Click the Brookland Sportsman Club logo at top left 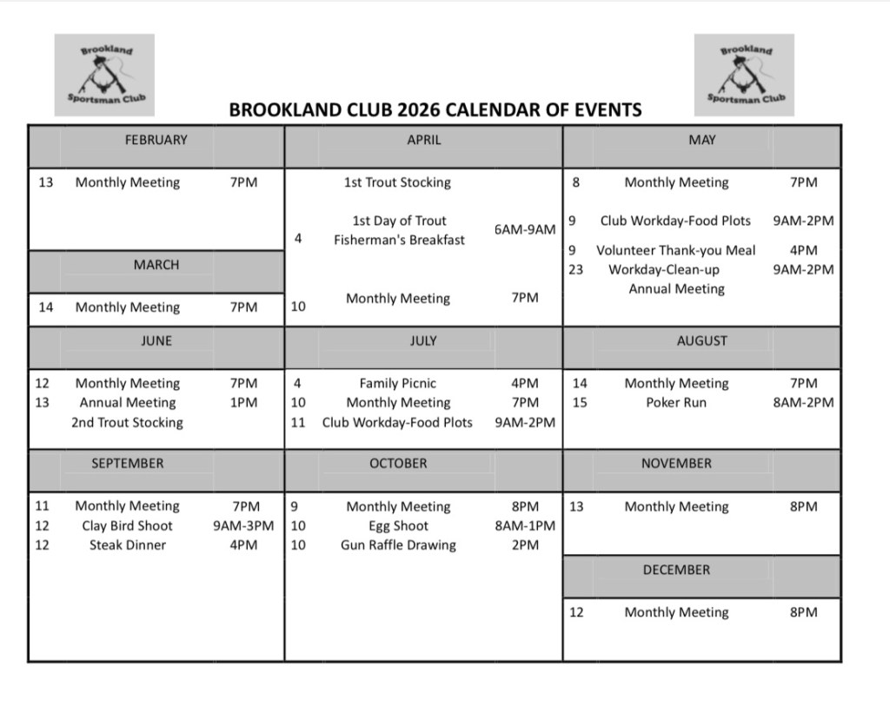pos(104,75)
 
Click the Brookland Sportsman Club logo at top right pos(744,75)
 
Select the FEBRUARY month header pos(156,139)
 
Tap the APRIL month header pos(423,139)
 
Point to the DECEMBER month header pos(676,570)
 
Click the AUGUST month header pos(701,341)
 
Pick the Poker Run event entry pos(676,403)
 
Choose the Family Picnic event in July pos(398,383)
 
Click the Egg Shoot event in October pos(398,525)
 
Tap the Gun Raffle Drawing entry pos(398,545)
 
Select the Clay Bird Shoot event pos(127,525)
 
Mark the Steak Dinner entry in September pos(127,545)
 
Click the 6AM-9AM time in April pos(525,229)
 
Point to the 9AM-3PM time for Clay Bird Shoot pos(243,525)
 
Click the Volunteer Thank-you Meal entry pos(676,250)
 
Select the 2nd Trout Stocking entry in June pos(127,423)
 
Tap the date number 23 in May pos(576,269)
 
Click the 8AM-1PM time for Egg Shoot pos(525,525)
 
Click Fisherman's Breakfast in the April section pos(399,240)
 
